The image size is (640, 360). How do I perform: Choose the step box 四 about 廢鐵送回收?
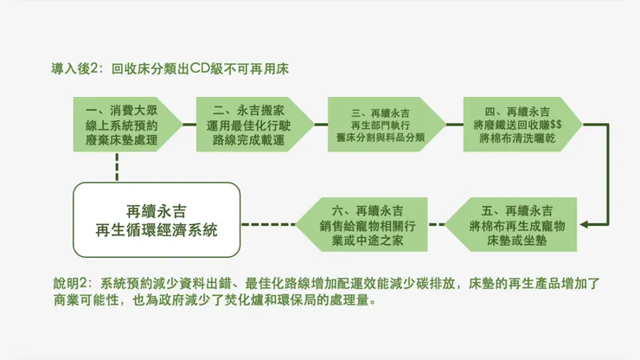coord(515,126)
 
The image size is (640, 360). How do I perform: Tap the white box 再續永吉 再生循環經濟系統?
coord(157,221)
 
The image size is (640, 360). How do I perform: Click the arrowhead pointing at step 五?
coord(585,225)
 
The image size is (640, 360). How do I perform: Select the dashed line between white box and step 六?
coord(267,225)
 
